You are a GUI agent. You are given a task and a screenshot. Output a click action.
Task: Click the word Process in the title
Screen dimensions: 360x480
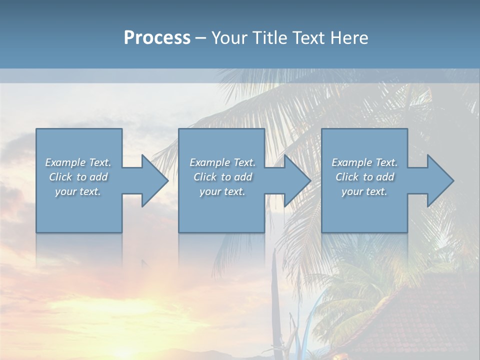click(157, 38)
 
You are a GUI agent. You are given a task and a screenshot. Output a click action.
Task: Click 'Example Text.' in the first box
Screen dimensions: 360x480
click(78, 162)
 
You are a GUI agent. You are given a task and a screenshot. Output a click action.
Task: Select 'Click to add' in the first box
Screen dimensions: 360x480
click(78, 177)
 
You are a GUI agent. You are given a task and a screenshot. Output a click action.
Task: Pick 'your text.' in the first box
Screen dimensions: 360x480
click(78, 191)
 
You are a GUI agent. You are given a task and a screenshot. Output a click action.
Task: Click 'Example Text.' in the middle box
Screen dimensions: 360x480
click(222, 162)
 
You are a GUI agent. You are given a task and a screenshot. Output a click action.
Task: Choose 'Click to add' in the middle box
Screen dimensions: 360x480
click(222, 177)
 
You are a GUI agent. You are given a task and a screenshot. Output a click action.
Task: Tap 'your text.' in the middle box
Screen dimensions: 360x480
click(222, 191)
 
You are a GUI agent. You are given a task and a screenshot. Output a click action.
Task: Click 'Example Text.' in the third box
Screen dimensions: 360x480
click(364, 162)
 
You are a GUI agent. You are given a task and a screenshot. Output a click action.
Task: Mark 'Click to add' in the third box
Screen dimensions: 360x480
click(364, 177)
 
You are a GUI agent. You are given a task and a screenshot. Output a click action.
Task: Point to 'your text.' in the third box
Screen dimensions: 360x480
click(364, 191)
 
